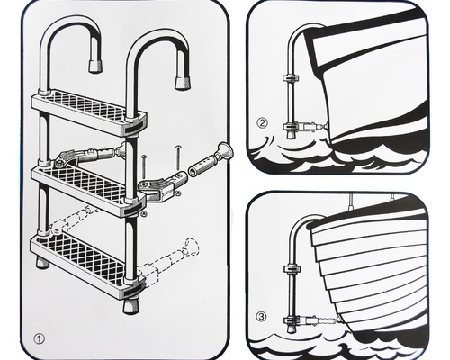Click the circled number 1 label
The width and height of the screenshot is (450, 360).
pos(40,339)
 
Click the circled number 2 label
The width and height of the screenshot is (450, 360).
pos(262,123)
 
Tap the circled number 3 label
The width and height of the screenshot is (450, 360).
pos(261,317)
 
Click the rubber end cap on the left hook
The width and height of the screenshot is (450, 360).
pos(95,65)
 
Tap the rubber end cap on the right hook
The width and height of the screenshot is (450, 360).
pos(183,82)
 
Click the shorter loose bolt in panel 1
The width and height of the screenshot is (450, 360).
pos(144,167)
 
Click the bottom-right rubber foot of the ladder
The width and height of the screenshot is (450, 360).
pos(130,306)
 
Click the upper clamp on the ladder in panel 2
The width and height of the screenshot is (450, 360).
pos(291,78)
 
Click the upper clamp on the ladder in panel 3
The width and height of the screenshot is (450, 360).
pos(291,269)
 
